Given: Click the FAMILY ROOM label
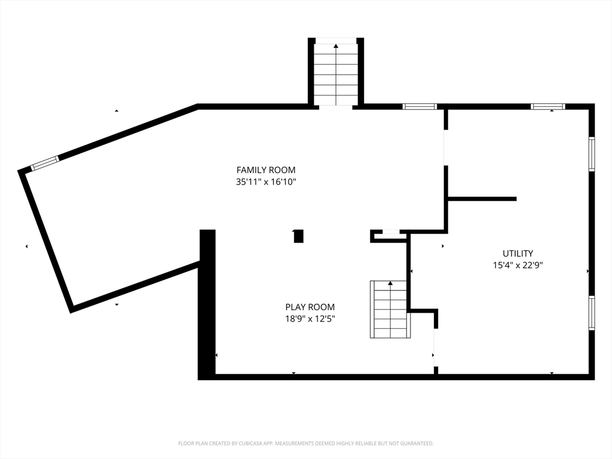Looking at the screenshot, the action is (x=266, y=170).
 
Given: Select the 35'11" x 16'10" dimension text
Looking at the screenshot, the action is (x=266, y=182).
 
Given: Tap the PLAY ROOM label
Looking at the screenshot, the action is (x=310, y=307).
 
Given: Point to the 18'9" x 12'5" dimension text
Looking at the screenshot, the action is (x=310, y=319).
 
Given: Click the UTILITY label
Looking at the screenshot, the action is (x=518, y=253).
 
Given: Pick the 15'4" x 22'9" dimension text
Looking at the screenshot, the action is (x=518, y=265).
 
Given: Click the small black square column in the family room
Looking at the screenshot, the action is (x=298, y=236).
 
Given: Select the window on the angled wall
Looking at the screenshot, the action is (x=45, y=163).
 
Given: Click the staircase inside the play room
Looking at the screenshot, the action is (x=390, y=309).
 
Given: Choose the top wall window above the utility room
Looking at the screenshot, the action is (x=547, y=106).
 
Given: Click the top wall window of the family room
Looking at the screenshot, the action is (x=420, y=106).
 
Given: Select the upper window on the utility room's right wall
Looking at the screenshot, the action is (x=592, y=154).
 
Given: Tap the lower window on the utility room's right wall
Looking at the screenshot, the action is (x=592, y=313).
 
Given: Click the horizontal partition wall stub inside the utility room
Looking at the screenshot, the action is (x=482, y=199).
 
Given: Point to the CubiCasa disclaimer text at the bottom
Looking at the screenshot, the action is (x=305, y=443).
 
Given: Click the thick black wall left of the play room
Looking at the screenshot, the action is (x=207, y=304).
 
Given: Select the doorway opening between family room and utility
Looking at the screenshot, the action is (x=446, y=148).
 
